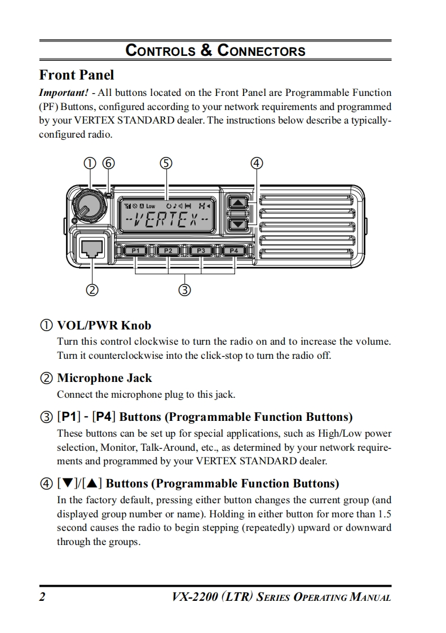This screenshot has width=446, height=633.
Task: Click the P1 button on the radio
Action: [x=135, y=250]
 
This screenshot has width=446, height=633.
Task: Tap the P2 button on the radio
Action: [x=168, y=250]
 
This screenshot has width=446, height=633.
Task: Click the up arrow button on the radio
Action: [x=239, y=203]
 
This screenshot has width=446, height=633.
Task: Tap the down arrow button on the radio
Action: [x=239, y=224]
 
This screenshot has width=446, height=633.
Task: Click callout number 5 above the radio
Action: [x=166, y=163]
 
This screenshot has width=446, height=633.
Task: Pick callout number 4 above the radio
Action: [x=257, y=163]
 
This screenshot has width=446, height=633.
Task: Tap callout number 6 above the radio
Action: [x=108, y=163]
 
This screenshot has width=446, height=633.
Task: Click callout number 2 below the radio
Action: [x=91, y=291]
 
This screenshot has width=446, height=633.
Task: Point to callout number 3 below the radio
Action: [x=184, y=291]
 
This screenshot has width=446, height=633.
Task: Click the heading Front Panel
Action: [x=76, y=75]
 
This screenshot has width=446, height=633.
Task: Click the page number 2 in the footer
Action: [x=42, y=597]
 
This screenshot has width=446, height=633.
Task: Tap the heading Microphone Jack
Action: [x=104, y=378]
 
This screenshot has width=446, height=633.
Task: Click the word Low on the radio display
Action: [x=151, y=205]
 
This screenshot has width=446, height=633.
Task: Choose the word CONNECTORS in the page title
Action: [x=262, y=51]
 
